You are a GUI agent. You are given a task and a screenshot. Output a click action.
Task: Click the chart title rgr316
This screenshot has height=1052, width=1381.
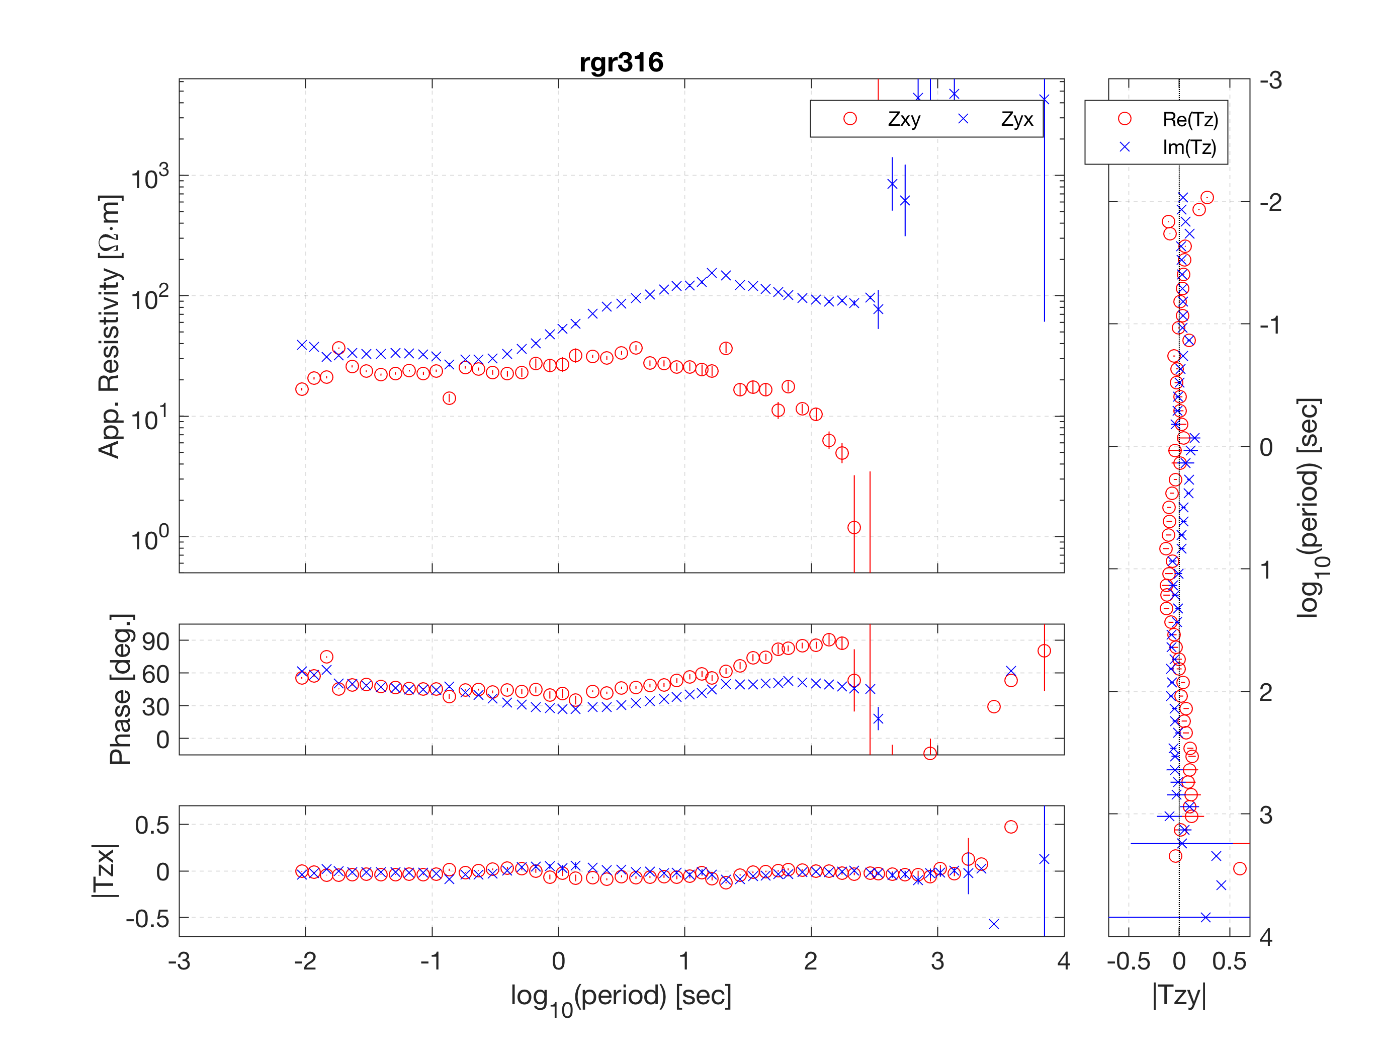tap(621, 62)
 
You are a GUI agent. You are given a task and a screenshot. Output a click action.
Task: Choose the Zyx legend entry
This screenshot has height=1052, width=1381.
tap(995, 119)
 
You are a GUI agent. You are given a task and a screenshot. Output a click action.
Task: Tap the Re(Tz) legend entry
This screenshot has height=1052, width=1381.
tap(1168, 119)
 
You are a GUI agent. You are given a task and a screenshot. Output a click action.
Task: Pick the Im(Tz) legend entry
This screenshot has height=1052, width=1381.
tap(1168, 147)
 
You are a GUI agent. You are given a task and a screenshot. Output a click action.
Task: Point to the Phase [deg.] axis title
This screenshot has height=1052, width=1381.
tap(121, 689)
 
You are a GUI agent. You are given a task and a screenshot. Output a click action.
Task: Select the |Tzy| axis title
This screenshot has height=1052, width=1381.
tap(1179, 995)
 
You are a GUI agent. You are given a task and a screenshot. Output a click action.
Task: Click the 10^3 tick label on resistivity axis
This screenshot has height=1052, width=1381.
tap(150, 176)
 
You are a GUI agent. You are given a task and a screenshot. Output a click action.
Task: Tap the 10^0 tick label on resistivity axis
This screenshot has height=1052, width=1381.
tap(150, 537)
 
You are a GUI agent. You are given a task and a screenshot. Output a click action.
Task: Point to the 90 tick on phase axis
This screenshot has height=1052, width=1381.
tap(155, 641)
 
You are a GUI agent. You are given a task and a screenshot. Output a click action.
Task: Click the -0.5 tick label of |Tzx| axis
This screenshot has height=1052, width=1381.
tap(147, 919)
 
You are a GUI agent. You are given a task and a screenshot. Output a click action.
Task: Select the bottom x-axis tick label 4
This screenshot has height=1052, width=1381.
tap(1064, 961)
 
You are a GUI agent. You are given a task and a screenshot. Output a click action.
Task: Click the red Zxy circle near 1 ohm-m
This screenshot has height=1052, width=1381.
tap(854, 528)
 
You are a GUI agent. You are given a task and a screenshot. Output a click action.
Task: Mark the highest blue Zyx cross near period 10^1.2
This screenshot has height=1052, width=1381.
tap(712, 273)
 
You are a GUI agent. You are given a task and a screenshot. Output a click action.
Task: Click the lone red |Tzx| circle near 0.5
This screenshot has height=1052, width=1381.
tap(1011, 827)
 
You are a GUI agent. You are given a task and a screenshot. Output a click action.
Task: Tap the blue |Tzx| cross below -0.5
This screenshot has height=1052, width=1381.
tap(993, 924)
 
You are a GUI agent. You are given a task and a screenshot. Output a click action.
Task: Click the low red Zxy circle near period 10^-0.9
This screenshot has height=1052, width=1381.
tap(449, 398)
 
